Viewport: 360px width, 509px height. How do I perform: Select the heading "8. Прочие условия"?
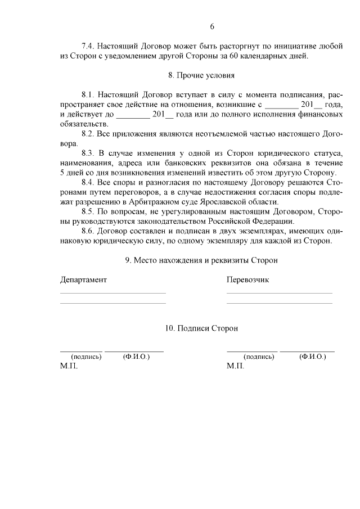tap(201, 75)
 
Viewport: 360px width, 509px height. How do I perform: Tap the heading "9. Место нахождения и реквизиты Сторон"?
tap(201, 260)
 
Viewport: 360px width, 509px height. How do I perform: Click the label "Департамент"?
tap(83, 280)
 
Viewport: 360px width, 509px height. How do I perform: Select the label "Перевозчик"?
tap(248, 280)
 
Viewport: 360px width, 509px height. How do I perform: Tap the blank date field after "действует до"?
tap(132, 115)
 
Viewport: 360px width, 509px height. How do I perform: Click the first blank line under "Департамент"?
tap(112, 292)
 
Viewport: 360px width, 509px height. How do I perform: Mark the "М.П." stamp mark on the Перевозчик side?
tap(236, 366)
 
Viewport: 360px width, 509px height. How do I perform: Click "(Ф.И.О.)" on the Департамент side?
tap(136, 357)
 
